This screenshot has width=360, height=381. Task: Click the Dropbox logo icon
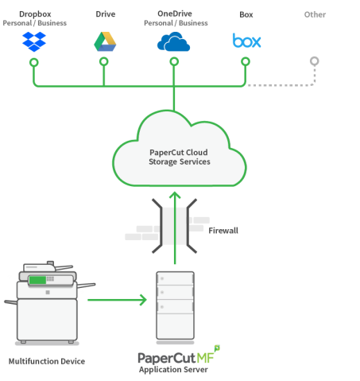click(34, 41)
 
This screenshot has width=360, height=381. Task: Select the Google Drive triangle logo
click(105, 41)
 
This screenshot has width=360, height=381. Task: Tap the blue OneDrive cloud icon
click(173, 41)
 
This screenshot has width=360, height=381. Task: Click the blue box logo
click(246, 41)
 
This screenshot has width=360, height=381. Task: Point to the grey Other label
click(315, 14)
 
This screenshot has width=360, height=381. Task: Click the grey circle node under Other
click(315, 61)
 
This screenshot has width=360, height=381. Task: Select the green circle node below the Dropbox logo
click(34, 63)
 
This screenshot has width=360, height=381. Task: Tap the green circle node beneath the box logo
click(246, 61)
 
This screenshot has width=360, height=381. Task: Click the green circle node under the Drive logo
click(104, 61)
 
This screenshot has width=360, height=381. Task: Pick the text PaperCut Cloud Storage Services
click(180, 157)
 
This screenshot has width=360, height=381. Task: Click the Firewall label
click(223, 231)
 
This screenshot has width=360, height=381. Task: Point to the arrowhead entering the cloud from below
click(175, 195)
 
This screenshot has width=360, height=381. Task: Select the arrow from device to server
click(117, 300)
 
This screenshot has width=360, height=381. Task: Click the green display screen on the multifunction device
click(37, 280)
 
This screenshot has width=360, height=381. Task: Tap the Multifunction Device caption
click(47, 361)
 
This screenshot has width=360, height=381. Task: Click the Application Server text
click(173, 369)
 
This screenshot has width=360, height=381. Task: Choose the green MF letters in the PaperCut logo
click(205, 358)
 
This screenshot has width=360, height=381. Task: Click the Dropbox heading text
click(35, 14)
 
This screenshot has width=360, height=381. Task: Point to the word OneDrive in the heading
click(175, 14)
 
